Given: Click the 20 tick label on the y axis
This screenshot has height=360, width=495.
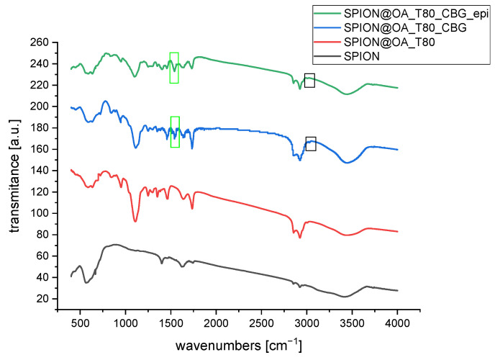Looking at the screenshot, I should coord(42,299).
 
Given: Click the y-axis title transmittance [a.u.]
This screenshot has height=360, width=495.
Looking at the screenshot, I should coord(14,171).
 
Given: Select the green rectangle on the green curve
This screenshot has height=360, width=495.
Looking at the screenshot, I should coord(174,68).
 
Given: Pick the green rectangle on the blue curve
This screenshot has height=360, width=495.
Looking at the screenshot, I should coord(175,132).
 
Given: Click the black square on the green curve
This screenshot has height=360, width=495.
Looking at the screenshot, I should coord(309,81).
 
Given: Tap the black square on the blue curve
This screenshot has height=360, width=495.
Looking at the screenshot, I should coord(311,143).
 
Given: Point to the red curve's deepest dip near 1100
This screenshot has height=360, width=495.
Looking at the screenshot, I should coord(135,221).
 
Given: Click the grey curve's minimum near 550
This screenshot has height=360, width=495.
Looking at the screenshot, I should coord(86,282).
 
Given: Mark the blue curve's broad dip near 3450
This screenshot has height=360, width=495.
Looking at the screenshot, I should coord(348,163).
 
